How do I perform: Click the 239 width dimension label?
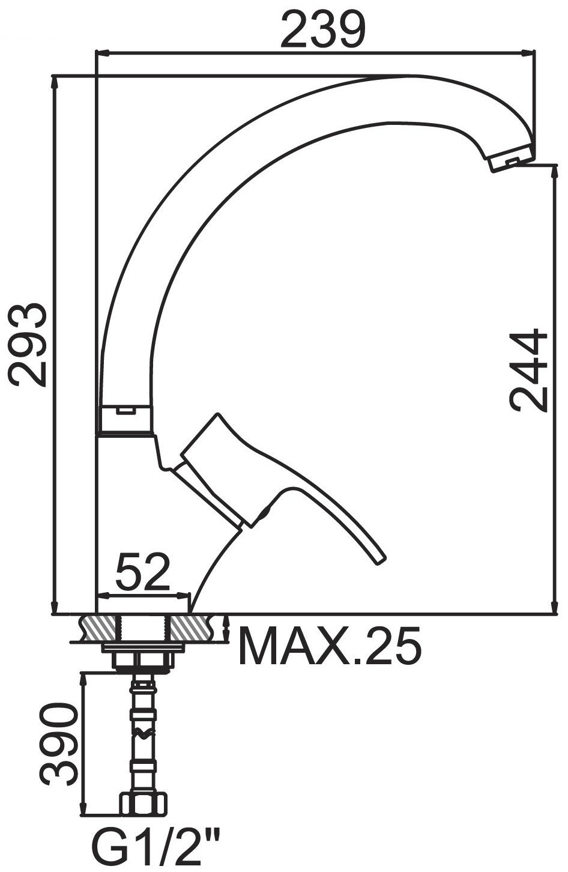tap(323, 29)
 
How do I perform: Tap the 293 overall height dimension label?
tap(27, 345)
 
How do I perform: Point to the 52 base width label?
tap(143, 572)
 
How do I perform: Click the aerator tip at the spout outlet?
tap(511, 159)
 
